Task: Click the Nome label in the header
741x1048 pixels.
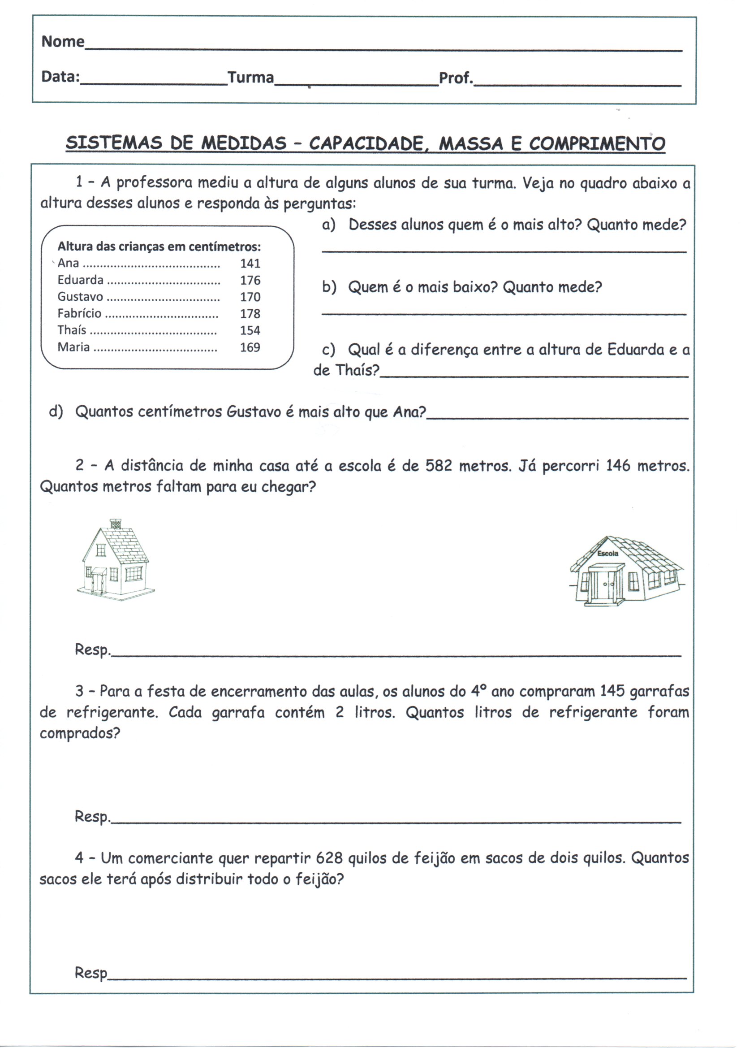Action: coord(63,42)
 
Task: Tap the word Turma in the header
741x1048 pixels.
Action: coord(250,77)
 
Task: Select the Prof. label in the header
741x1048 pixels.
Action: coord(455,78)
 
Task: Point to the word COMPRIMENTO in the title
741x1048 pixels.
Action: coord(597,144)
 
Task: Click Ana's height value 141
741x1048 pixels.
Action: coord(250,264)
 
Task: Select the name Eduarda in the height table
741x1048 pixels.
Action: coord(80,280)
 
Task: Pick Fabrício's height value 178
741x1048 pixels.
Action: coord(250,314)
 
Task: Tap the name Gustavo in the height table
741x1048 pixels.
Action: coord(80,297)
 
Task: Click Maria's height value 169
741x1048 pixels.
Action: coord(250,347)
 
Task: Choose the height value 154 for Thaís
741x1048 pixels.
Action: coord(250,330)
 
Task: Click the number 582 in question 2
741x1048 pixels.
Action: coord(439,466)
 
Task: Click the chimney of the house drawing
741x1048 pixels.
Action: coord(116,524)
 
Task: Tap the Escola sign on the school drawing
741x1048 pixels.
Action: coord(608,554)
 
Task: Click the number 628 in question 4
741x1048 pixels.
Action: coord(329,858)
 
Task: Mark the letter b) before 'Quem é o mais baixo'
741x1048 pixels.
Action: coord(329,287)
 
